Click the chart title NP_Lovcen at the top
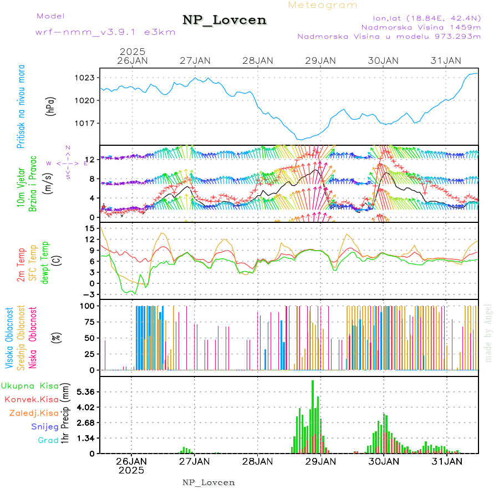click(x=225, y=21)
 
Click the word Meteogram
click(x=323, y=5)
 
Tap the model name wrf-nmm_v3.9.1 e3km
click(x=105, y=32)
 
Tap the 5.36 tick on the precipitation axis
click(x=86, y=391)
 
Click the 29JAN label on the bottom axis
click(x=320, y=461)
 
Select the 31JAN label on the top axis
click(x=446, y=60)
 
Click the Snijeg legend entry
click(x=43, y=426)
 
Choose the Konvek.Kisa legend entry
click(x=31, y=399)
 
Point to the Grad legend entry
click(x=48, y=440)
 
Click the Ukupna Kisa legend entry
click(x=30, y=385)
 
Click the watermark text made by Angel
click(x=488, y=333)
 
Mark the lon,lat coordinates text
click(x=419, y=17)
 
